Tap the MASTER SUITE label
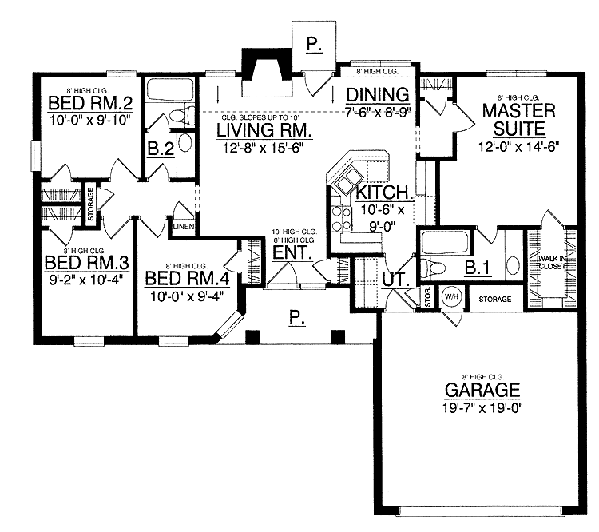click(513, 119)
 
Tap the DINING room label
click(377, 95)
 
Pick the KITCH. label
click(385, 193)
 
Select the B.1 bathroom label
click(477, 268)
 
